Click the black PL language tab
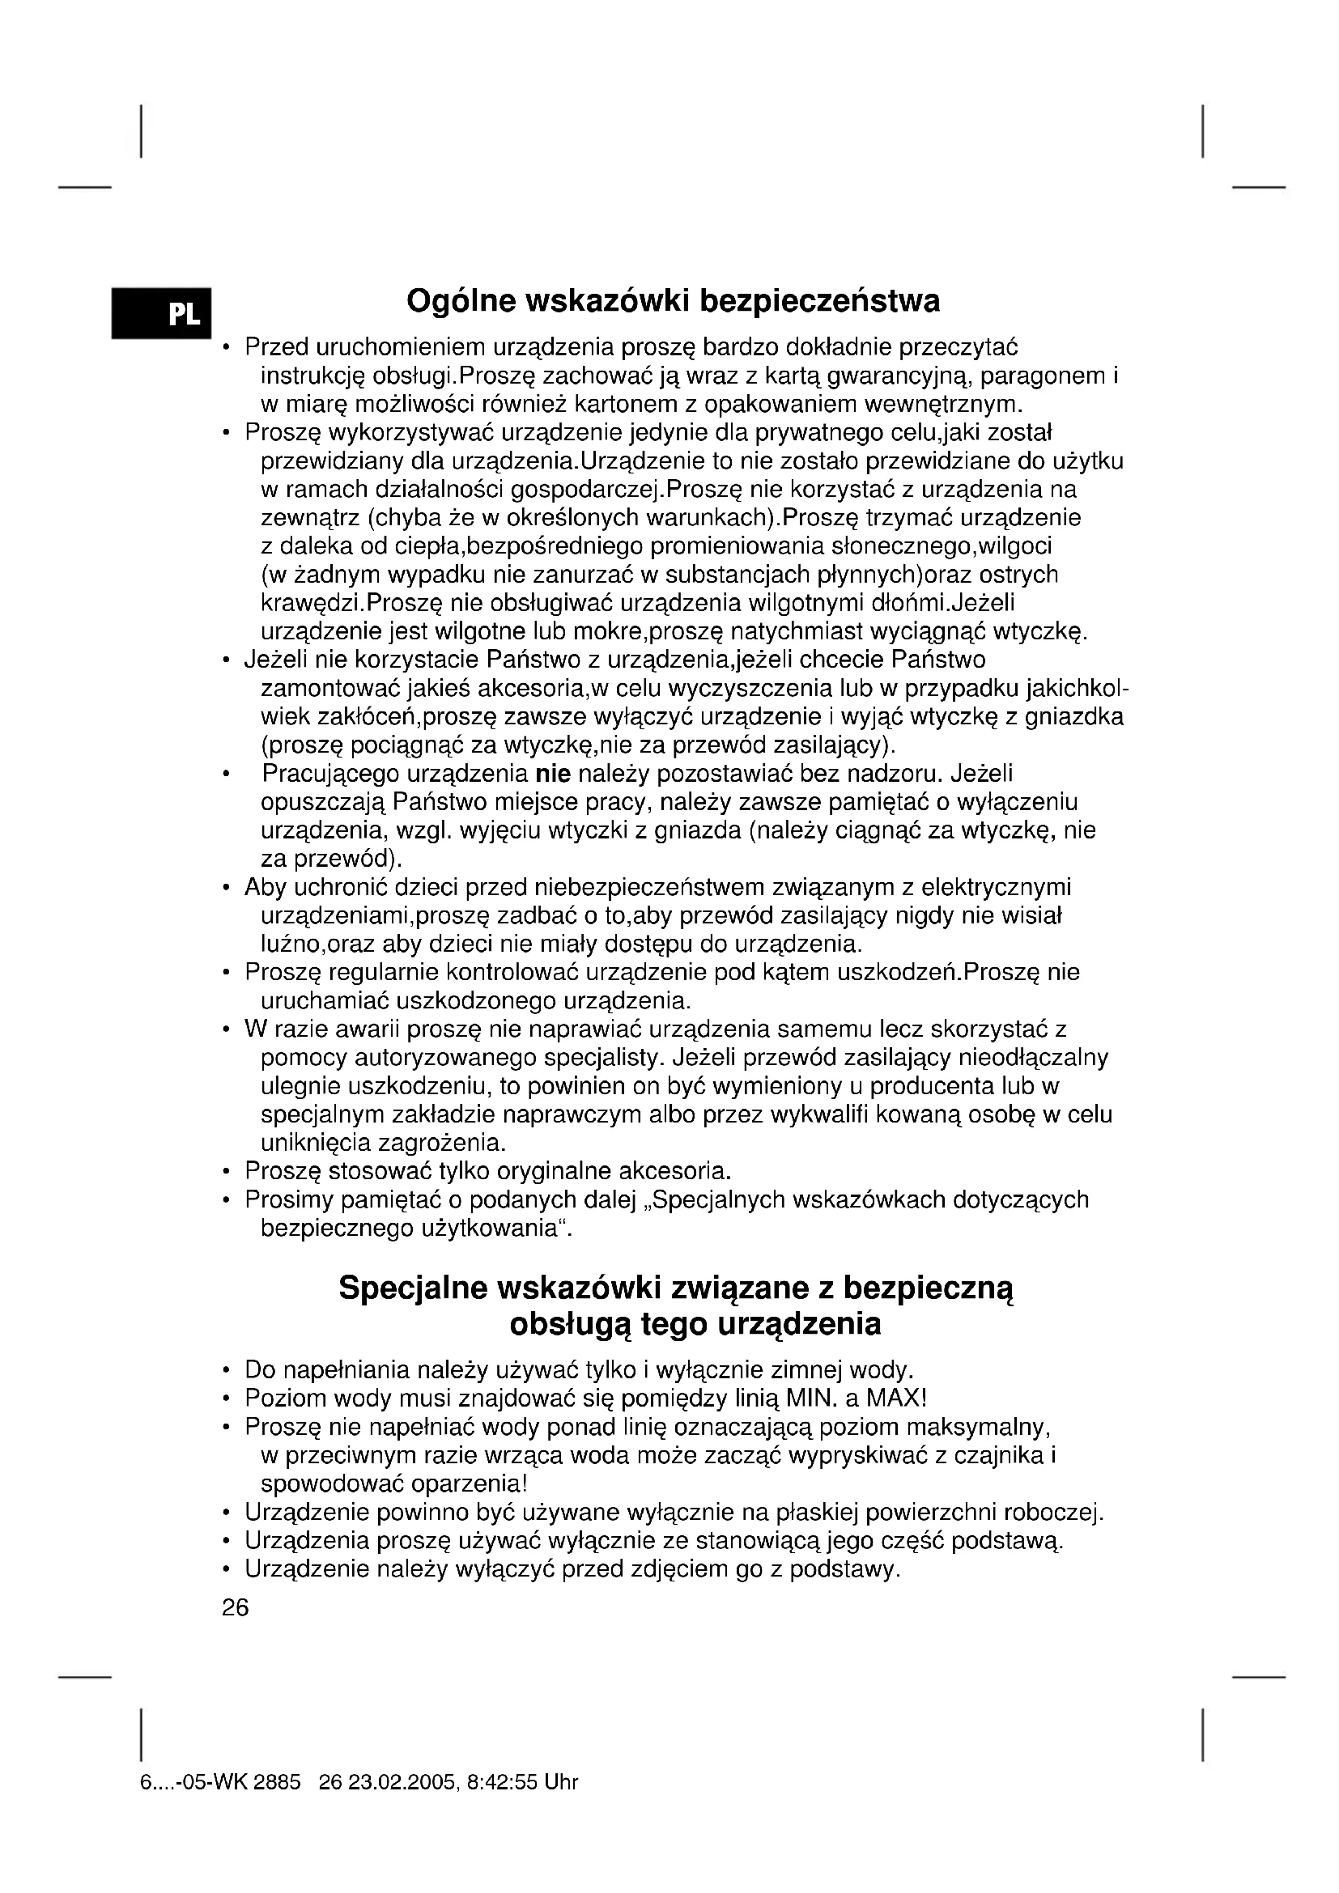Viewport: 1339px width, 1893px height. (162, 313)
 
